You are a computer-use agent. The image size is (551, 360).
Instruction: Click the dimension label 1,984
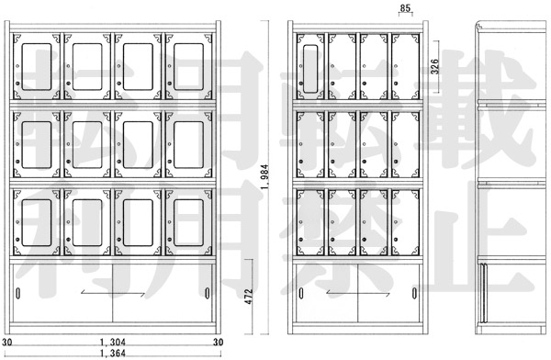(265, 177)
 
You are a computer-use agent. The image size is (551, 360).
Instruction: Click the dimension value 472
(249, 297)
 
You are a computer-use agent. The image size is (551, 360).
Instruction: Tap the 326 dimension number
(434, 66)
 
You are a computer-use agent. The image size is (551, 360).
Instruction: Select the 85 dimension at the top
(405, 7)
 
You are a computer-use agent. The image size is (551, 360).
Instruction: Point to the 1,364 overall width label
(113, 354)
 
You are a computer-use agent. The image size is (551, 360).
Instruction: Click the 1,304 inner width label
(113, 342)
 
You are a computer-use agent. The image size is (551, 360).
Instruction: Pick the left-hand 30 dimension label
(6, 342)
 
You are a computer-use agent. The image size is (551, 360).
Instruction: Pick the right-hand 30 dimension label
(219, 342)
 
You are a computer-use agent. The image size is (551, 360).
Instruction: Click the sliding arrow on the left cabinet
(113, 293)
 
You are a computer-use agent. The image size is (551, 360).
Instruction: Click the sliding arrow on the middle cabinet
(358, 293)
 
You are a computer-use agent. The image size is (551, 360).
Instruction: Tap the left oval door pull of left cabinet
(18, 293)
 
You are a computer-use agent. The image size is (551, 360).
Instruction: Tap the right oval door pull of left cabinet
(208, 293)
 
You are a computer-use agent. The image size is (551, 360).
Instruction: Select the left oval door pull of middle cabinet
(301, 293)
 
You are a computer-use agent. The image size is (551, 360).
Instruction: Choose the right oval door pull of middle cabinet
(415, 293)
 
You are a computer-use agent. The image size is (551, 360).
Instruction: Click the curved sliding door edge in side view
(484, 292)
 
